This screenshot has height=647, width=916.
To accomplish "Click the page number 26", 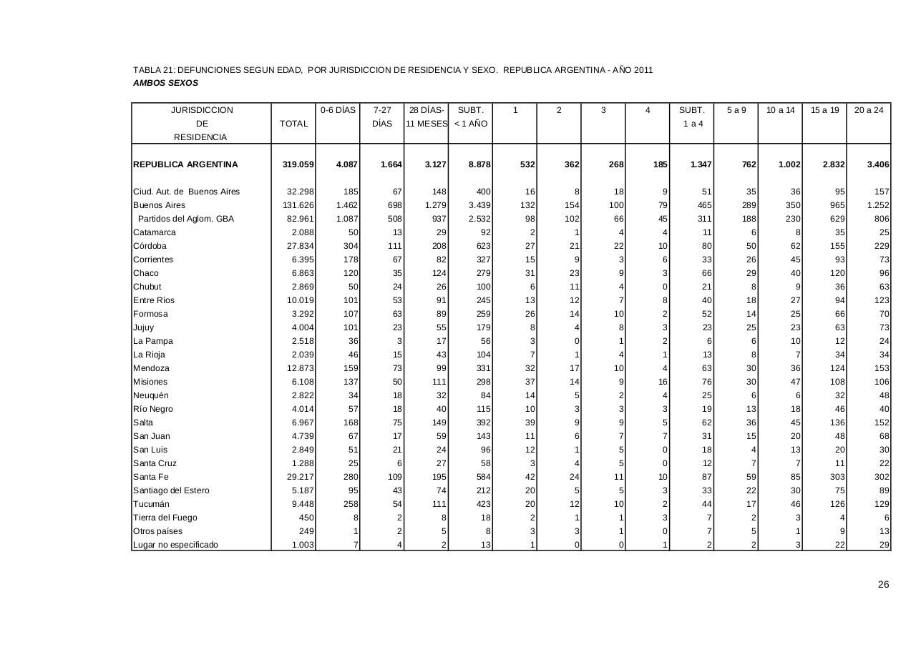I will (884, 585).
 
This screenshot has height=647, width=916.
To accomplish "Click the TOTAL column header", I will (293, 124).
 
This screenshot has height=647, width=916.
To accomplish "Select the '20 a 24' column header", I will (869, 110).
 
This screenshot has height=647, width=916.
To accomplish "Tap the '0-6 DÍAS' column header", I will (338, 110).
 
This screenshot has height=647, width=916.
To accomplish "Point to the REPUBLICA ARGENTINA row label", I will (185, 164).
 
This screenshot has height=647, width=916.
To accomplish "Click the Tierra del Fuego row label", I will (165, 518).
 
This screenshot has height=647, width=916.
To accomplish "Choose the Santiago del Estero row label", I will (172, 490).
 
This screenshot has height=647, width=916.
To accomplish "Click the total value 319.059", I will (298, 164).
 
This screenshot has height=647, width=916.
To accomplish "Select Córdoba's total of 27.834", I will (301, 246).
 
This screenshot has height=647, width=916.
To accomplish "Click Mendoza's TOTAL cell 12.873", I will (301, 368).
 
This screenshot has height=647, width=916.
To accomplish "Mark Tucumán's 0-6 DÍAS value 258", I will (351, 504).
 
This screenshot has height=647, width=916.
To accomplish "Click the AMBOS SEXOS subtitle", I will (165, 83).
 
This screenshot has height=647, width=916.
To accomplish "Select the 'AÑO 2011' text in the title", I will (633, 70).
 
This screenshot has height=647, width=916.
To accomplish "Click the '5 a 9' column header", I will (736, 110).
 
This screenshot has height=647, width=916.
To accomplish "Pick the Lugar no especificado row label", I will (175, 545).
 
